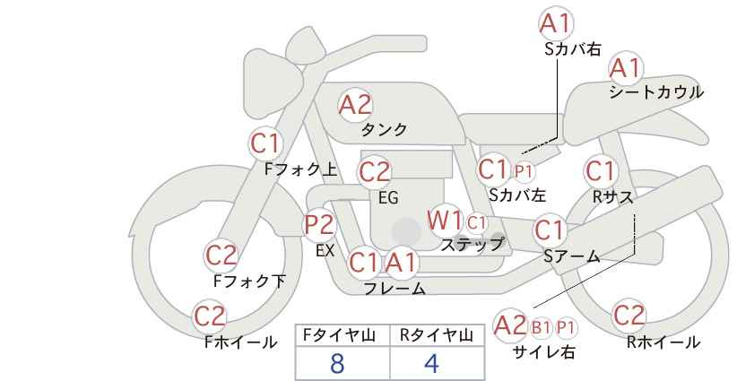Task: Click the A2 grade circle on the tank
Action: (355, 105)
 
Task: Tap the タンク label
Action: (384, 130)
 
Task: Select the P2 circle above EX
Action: (319, 225)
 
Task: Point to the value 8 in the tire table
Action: (337, 364)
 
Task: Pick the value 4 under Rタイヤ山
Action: (431, 364)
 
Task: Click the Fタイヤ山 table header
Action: (342, 336)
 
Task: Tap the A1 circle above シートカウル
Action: (626, 68)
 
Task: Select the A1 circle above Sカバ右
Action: (557, 23)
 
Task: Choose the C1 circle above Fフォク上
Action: (265, 143)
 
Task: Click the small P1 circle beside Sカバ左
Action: (524, 170)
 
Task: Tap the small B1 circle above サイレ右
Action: (541, 326)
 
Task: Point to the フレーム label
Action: (395, 289)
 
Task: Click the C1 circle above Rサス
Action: (600, 170)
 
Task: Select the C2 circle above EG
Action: (375, 171)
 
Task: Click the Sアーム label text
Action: (571, 256)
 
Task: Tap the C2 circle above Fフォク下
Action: (221, 255)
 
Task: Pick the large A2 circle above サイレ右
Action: (510, 325)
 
